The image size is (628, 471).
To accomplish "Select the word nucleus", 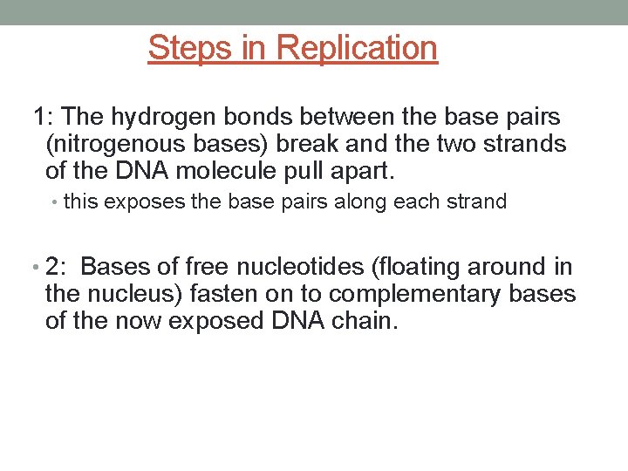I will coord(131,294).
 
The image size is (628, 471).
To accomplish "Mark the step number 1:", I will coord(44,117).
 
